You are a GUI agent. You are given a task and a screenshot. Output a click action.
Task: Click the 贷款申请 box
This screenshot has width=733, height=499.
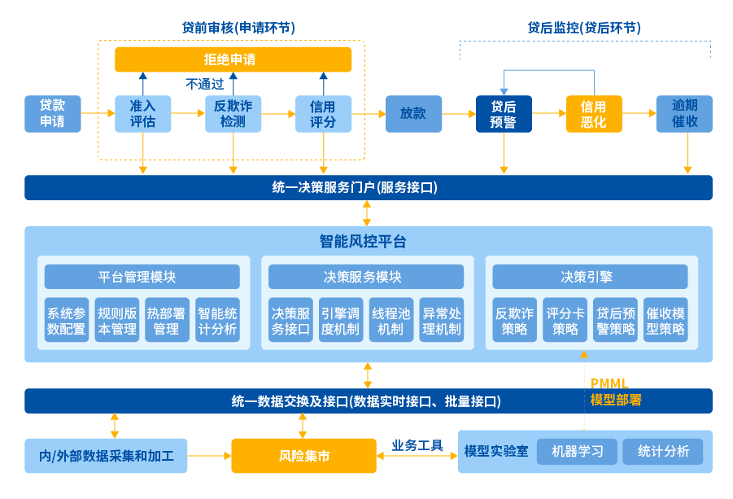[x=53, y=114]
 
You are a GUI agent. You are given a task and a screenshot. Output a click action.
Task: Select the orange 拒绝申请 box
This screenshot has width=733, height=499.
[x=233, y=59]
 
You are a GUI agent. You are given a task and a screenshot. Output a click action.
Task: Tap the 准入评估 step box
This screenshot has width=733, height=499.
[x=142, y=114]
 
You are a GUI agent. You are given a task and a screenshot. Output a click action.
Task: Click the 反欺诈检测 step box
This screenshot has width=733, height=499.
[x=233, y=114]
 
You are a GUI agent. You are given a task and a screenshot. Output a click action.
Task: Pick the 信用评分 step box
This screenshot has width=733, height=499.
[x=323, y=114]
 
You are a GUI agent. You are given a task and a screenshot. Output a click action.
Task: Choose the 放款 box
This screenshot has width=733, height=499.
[x=413, y=114]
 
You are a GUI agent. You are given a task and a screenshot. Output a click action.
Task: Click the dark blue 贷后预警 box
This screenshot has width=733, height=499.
[x=504, y=114]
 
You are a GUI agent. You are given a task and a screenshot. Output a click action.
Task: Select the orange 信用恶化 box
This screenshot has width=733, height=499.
[x=594, y=114]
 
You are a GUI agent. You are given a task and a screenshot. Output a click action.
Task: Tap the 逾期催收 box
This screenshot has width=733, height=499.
[x=684, y=114]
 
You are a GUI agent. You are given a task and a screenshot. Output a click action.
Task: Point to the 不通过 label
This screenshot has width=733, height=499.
[x=204, y=84]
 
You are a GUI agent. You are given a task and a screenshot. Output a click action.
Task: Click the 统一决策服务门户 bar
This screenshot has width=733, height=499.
[x=368, y=187]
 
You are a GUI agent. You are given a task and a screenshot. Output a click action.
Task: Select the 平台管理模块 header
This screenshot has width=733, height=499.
[x=142, y=277]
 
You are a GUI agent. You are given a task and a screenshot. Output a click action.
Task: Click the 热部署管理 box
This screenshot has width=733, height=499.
[x=167, y=320]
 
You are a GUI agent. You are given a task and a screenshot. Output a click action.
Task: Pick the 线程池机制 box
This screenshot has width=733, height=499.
[x=391, y=320]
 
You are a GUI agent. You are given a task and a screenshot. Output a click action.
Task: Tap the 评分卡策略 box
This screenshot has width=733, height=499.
[x=565, y=320]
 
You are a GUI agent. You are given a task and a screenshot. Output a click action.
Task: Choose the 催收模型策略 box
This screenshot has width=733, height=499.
[x=665, y=320]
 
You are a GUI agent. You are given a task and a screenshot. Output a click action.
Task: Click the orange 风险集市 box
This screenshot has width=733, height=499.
[x=304, y=456]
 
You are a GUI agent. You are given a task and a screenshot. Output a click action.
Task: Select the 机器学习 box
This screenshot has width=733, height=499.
[x=577, y=452]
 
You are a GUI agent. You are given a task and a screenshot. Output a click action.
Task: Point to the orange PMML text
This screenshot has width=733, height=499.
[x=609, y=383]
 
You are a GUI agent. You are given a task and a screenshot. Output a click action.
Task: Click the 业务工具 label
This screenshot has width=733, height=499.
[x=417, y=445]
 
